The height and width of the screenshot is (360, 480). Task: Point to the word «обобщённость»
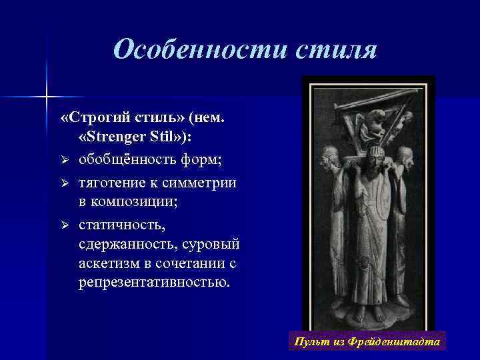[127, 161]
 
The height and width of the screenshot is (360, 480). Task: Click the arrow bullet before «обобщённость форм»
[65, 161]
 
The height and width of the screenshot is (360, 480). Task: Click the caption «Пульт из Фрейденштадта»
[367, 342]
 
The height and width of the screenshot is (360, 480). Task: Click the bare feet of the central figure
[365, 311]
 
